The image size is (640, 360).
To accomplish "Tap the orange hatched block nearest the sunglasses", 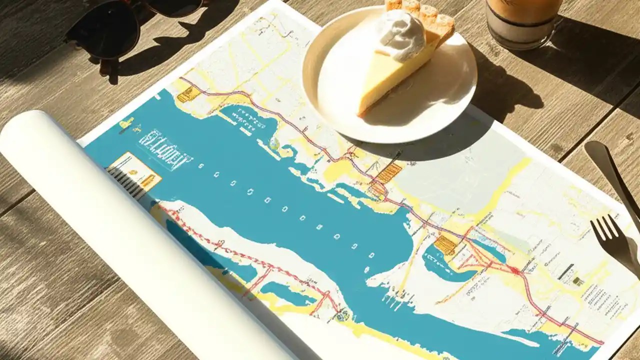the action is pyautogui.click(x=185, y=94).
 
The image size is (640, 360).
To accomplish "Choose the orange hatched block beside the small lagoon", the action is pyautogui.click(x=444, y=245).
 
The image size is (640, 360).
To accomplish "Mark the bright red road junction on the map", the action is pyautogui.click(x=515, y=270).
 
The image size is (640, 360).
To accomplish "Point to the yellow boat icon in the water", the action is pyautogui.click(x=126, y=122).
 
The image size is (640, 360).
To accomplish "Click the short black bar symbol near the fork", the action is pyautogui.click(x=566, y=271).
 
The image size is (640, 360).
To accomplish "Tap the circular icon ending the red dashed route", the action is pyautogui.click(x=342, y=315).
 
